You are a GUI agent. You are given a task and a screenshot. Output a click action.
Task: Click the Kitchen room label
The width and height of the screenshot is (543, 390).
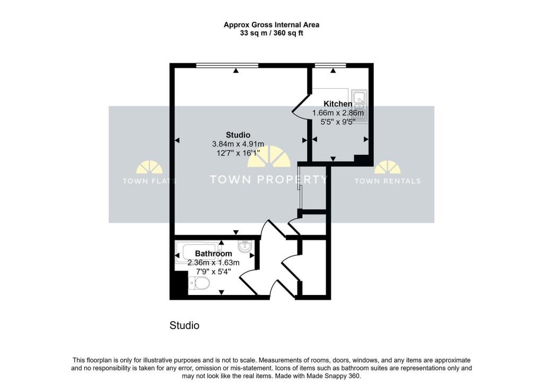[x=338, y=104]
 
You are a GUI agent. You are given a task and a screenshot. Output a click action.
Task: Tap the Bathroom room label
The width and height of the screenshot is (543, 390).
[x=213, y=254]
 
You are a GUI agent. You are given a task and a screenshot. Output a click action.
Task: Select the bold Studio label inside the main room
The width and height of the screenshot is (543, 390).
[x=238, y=135]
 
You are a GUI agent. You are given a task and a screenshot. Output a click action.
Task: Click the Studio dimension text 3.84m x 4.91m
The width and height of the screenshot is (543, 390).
[x=238, y=144]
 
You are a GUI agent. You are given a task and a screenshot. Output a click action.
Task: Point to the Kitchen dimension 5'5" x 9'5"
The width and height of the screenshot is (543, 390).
[x=338, y=121]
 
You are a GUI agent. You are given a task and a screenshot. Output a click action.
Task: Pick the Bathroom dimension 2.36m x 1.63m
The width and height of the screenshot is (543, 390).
[x=213, y=262]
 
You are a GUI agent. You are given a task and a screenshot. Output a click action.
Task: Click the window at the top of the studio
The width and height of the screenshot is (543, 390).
[x=227, y=65]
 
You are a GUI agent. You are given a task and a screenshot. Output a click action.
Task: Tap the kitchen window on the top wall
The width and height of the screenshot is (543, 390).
[x=330, y=65]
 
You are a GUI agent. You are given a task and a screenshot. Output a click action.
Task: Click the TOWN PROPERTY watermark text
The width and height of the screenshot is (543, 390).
[x=269, y=180]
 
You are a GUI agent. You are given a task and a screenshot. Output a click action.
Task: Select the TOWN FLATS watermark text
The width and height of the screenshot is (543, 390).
[x=150, y=181]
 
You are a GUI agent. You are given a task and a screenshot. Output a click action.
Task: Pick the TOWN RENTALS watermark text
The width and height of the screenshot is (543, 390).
[x=387, y=181]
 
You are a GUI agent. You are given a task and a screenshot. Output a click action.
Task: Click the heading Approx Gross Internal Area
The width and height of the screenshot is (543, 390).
[x=271, y=24]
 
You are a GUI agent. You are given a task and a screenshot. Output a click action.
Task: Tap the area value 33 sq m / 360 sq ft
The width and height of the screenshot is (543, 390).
[x=271, y=33]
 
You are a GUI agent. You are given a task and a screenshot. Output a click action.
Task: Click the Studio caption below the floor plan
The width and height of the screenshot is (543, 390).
[x=184, y=325]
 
